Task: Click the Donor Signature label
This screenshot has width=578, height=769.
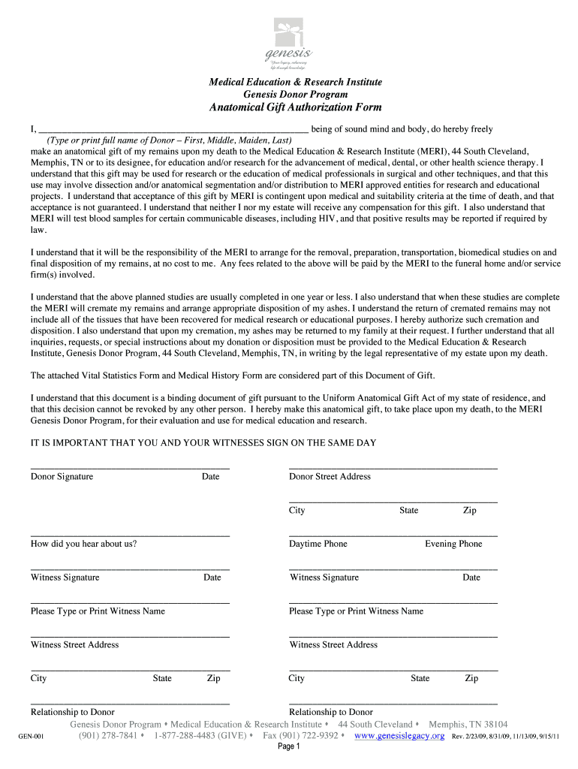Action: click(62, 477)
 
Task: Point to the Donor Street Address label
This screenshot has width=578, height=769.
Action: click(330, 477)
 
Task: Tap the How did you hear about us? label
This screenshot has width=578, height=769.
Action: click(83, 544)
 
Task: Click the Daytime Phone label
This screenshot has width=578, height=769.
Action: click(318, 544)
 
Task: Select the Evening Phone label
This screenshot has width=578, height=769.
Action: click(453, 544)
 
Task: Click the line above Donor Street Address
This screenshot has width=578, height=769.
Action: click(393, 469)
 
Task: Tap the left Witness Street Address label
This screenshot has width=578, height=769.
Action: click(74, 645)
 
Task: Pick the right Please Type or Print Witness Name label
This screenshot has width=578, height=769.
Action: click(356, 611)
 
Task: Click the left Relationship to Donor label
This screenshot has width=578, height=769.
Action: click(72, 712)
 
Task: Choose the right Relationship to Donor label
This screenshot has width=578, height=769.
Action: click(330, 712)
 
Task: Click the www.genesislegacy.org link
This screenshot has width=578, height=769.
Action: click(399, 736)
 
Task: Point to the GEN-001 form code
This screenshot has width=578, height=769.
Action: click(32, 737)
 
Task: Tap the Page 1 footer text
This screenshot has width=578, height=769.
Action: click(289, 747)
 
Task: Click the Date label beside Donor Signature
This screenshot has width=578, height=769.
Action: click(210, 477)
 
